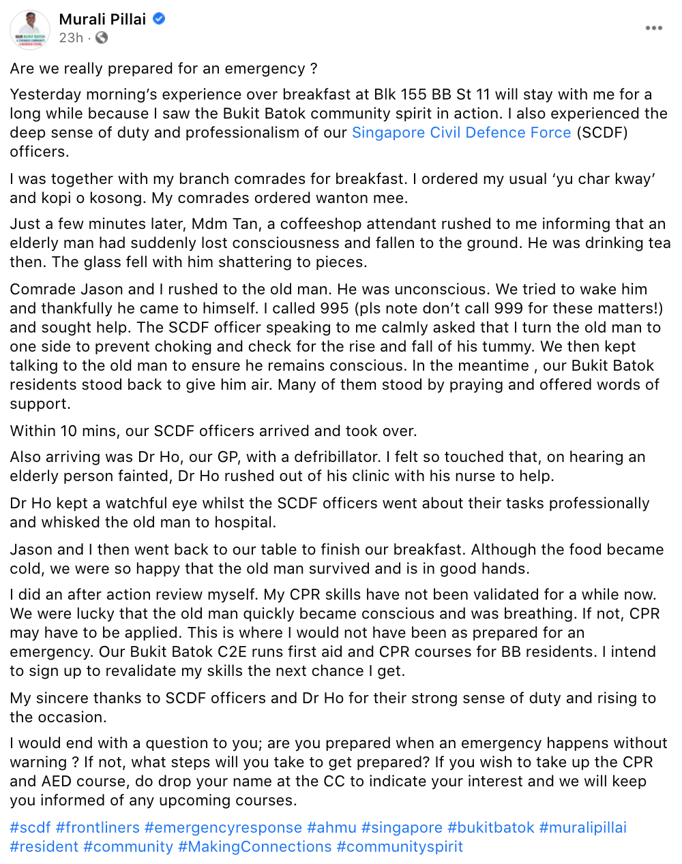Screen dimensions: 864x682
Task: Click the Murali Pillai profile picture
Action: point(30,30)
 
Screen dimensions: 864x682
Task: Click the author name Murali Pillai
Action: point(102,19)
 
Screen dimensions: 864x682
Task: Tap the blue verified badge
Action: point(159,19)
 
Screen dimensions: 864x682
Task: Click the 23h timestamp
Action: point(71,38)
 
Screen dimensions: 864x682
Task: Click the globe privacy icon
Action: point(102,38)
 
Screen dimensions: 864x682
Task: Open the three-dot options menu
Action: point(653,28)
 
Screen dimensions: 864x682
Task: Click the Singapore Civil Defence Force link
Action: point(461,133)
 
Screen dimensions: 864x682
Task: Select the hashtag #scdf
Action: point(30,828)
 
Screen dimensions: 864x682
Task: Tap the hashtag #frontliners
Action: point(98,828)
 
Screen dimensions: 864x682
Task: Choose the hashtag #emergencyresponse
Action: point(223,828)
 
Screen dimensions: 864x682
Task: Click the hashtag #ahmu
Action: point(331,828)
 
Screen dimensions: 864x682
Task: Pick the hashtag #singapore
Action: point(402,828)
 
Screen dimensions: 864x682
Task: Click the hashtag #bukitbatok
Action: point(490,828)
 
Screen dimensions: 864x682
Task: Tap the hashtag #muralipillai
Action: point(582,828)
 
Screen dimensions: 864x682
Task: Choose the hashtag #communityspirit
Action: point(400,847)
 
